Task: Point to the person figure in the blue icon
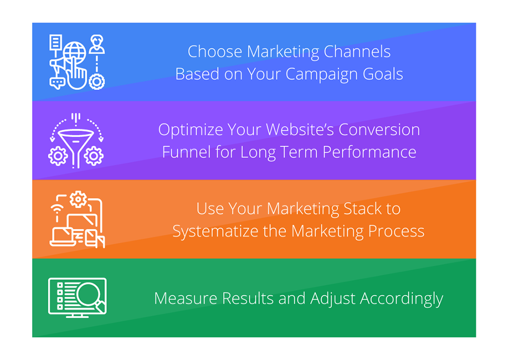pyautogui.click(x=97, y=45)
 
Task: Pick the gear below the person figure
pyautogui.click(x=97, y=81)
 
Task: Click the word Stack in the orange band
pyautogui.click(x=361, y=209)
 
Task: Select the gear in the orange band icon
pyautogui.click(x=78, y=199)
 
